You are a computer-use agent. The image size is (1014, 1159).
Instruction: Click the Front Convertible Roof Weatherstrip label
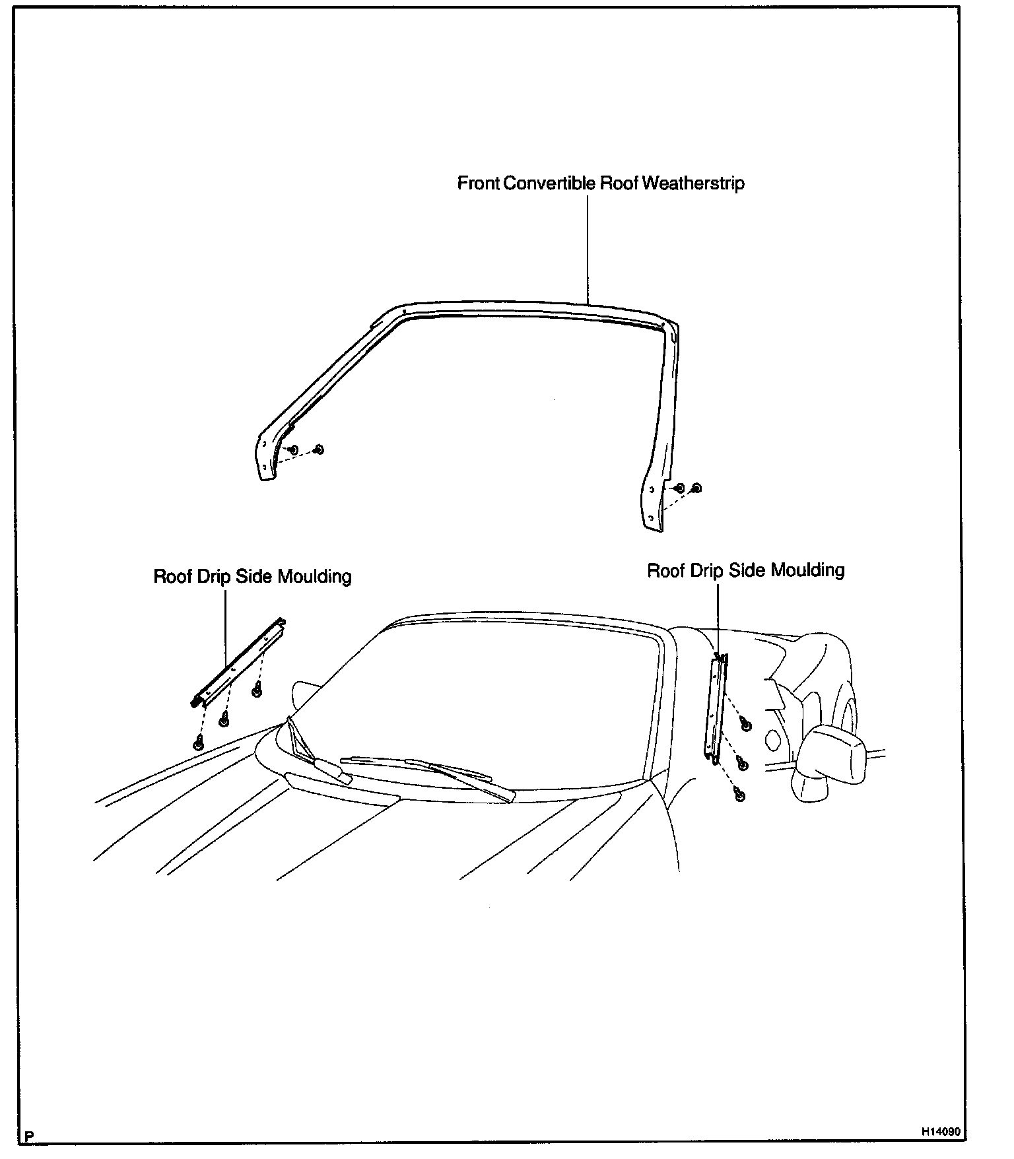(x=601, y=183)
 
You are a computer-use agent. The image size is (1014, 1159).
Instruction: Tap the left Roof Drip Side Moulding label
(x=252, y=576)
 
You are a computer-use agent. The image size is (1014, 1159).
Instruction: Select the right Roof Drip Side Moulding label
(x=745, y=570)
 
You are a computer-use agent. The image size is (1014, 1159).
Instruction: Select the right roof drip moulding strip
(x=716, y=710)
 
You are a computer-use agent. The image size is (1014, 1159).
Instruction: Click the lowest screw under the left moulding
(x=197, y=744)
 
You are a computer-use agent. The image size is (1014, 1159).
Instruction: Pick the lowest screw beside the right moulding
(x=739, y=796)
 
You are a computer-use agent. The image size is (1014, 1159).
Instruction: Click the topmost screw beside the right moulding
(x=746, y=725)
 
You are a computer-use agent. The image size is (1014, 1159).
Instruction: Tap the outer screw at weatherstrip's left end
(x=318, y=449)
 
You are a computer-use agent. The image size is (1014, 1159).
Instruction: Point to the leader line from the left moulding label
(x=226, y=627)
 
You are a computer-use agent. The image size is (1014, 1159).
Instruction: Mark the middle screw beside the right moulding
(x=742, y=764)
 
